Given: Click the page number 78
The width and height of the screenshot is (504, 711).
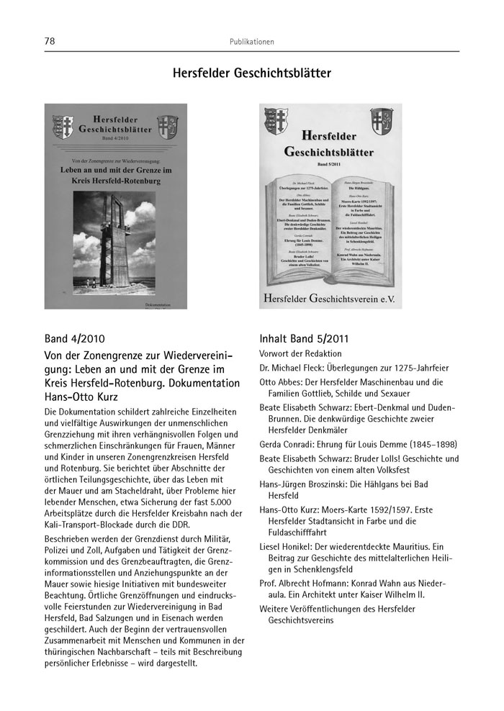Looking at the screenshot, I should (50, 42).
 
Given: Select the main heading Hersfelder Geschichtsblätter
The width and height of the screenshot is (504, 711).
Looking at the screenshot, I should (252, 74).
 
